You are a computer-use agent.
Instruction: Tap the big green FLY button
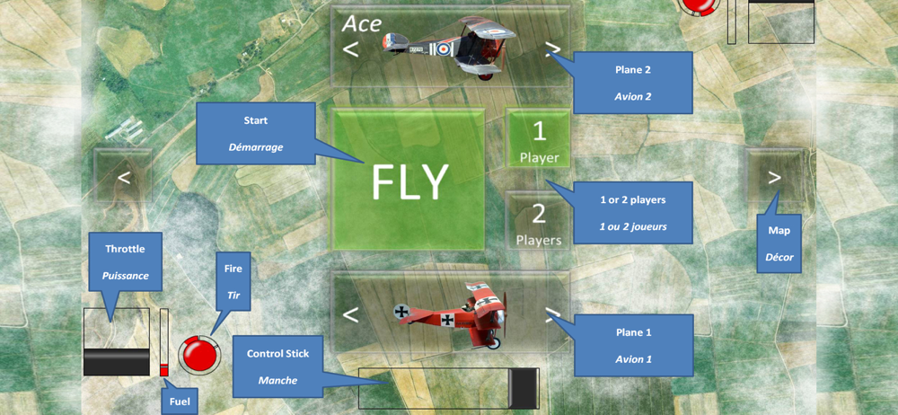click(409, 181)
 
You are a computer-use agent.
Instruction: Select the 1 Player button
click(539, 139)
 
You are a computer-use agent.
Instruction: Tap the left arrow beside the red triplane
click(351, 314)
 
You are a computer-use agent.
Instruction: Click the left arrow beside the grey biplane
click(351, 49)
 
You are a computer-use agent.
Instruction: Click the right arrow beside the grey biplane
click(553, 49)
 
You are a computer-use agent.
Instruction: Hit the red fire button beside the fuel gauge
click(198, 353)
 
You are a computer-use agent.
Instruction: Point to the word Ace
click(362, 23)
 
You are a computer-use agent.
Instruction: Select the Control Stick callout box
click(277, 366)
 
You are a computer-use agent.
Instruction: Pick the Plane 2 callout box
click(632, 82)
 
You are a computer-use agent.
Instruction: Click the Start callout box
click(255, 132)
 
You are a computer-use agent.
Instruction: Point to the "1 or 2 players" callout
click(632, 212)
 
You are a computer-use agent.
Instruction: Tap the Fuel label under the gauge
click(179, 401)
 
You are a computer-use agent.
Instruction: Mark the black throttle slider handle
click(117, 360)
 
